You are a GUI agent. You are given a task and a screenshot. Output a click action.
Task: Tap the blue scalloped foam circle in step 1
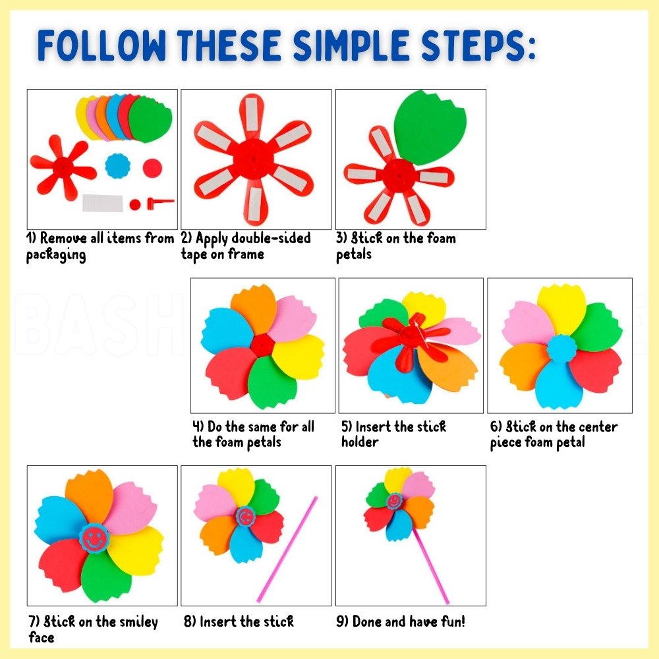tap(118, 165)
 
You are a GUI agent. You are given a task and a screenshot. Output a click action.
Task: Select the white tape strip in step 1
tap(103, 203)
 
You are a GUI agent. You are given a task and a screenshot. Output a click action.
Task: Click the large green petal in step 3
tap(430, 127)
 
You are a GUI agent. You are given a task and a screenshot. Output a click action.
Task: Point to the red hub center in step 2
tap(254, 159)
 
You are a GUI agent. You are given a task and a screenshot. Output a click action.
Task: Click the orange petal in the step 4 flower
tap(254, 309)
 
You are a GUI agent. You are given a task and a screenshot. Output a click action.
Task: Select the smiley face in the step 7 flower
tap(94, 538)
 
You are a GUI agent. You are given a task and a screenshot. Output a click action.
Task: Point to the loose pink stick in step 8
tap(287, 549)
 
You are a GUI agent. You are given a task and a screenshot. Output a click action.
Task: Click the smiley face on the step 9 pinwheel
tap(394, 501)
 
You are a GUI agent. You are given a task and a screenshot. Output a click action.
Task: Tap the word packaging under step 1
tap(56, 255)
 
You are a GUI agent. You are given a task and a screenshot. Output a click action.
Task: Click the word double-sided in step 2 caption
tap(271, 239)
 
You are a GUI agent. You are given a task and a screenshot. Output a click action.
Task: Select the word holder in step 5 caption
tap(360, 442)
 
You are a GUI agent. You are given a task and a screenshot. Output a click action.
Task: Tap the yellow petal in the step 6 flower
tap(561, 309)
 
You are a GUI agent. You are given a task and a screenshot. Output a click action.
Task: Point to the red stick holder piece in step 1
tap(160, 203)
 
